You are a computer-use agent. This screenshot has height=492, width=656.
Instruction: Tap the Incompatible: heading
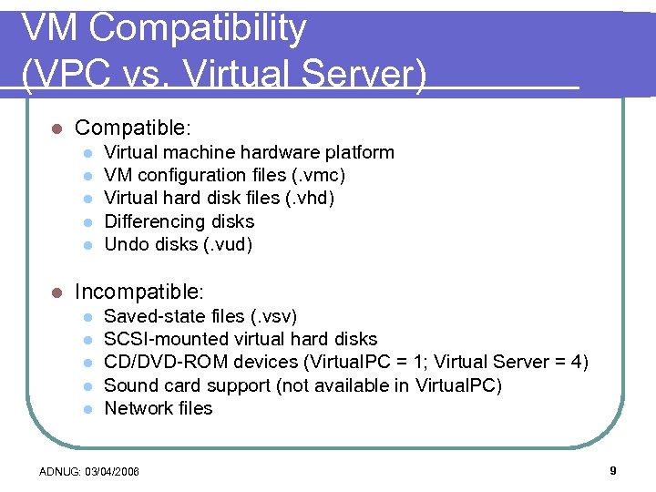pos(139,292)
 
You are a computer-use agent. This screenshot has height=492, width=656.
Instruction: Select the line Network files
pos(159,409)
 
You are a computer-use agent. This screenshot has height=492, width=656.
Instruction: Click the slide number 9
pos(613,471)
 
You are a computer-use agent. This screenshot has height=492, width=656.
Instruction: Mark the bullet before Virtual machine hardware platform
pos(87,152)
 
